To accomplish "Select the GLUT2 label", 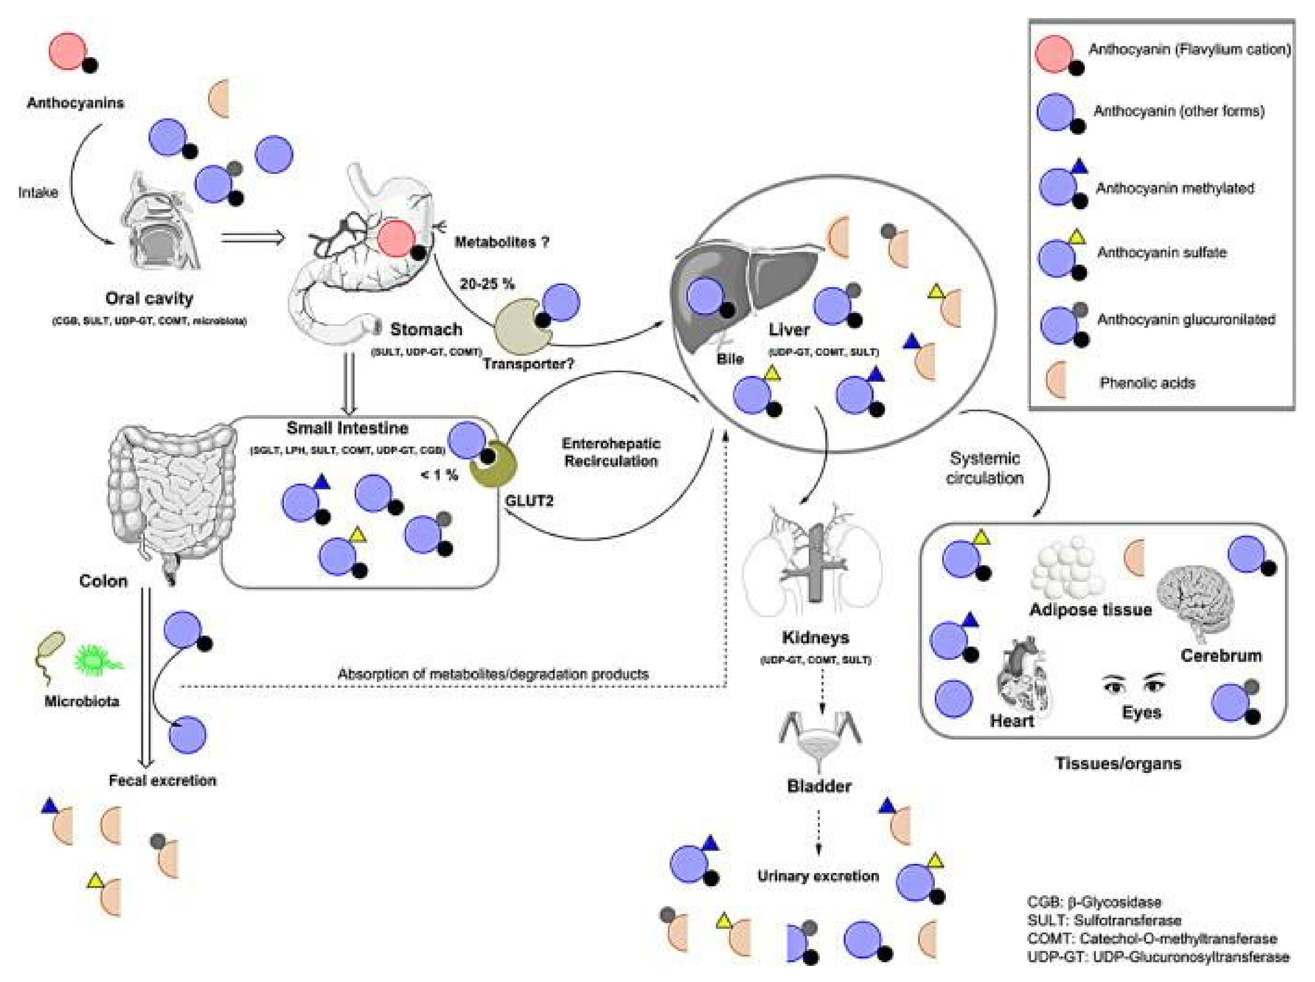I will [x=529, y=500].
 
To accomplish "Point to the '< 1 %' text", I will [x=439, y=474].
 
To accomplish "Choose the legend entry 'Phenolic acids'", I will [x=1147, y=383].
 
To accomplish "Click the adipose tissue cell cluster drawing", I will [x=1068, y=568].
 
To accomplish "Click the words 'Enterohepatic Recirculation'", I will [x=611, y=452].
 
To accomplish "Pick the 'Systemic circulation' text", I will [x=985, y=468].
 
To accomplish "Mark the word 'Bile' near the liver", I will [x=730, y=359].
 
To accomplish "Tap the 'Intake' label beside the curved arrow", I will [x=38, y=192].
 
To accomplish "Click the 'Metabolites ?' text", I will [x=502, y=242].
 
